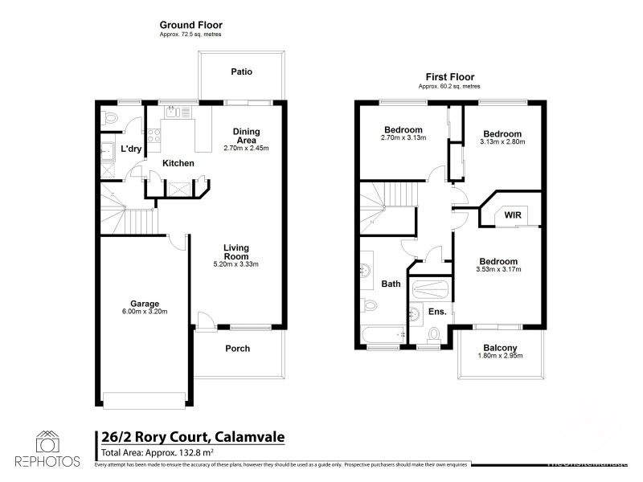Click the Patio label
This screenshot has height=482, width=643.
click(x=241, y=71)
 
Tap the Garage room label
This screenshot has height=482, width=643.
click(x=145, y=304)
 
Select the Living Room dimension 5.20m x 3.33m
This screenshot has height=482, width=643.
click(x=235, y=263)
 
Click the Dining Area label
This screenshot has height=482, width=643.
click(x=248, y=136)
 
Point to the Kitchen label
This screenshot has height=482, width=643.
click(x=178, y=163)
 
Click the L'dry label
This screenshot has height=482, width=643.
click(x=131, y=149)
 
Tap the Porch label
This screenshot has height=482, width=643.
click(x=237, y=349)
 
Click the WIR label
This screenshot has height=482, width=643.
click(x=513, y=215)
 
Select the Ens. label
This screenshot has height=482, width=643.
click(x=436, y=311)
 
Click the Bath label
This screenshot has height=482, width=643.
click(x=391, y=284)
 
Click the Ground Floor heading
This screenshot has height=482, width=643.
click(x=190, y=26)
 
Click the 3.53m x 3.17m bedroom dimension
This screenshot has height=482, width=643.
click(x=498, y=269)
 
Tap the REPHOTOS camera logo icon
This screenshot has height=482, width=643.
click(x=47, y=442)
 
